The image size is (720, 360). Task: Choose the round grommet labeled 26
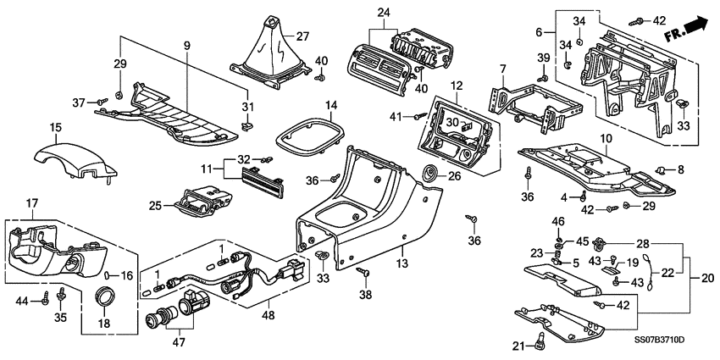tap(433, 174)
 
